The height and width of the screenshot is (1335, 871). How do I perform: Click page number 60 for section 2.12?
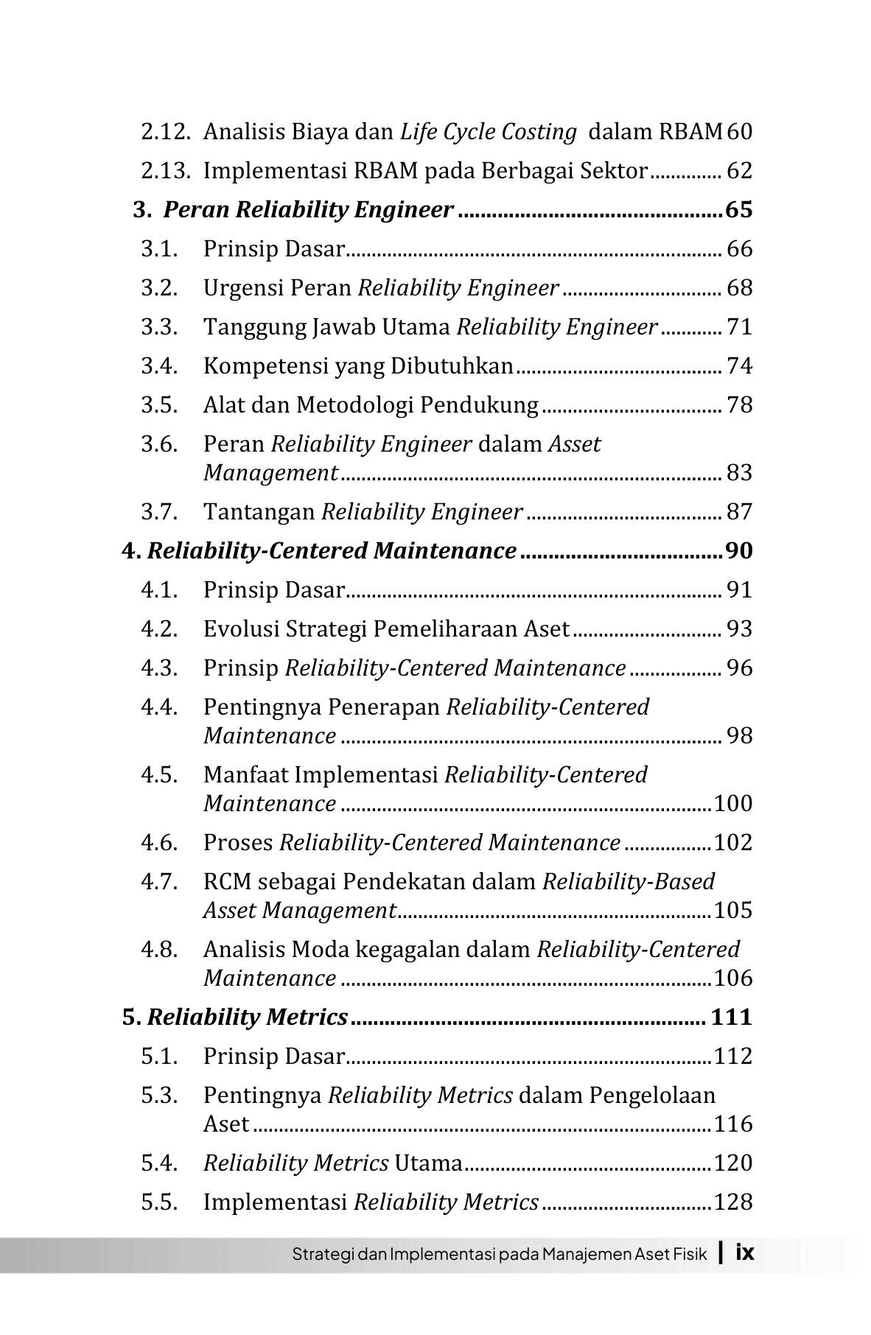click(x=739, y=132)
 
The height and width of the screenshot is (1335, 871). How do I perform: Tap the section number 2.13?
click(x=166, y=171)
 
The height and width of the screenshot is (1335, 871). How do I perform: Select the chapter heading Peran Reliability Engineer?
click(x=308, y=210)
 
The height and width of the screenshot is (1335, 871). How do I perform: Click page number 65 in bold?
click(x=739, y=210)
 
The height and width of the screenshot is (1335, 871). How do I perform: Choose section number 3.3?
click(x=160, y=327)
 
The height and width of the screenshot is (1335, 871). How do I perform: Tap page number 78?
click(x=740, y=405)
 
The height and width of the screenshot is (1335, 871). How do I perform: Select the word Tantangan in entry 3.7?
click(x=259, y=512)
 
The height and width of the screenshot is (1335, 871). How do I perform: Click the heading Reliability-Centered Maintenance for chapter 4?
click(x=332, y=551)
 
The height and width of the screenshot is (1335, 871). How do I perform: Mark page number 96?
click(x=740, y=668)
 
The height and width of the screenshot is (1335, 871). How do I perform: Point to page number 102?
click(x=733, y=843)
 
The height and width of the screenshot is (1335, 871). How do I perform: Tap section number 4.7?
click(x=160, y=882)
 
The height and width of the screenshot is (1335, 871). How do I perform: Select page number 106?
click(x=733, y=978)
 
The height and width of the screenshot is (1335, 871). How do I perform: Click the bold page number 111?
click(x=732, y=1017)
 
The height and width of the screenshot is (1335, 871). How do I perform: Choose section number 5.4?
click(x=160, y=1163)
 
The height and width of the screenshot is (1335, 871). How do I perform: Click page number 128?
click(x=733, y=1202)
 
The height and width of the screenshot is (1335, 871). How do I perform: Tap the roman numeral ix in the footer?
click(x=745, y=1252)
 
